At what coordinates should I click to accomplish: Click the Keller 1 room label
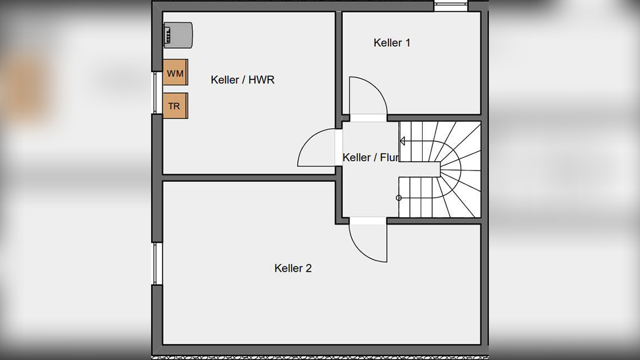[x=392, y=43]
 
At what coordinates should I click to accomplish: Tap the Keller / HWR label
[x=242, y=80]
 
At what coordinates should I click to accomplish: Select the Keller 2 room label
[x=293, y=268]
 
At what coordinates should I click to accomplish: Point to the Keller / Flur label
[x=371, y=158]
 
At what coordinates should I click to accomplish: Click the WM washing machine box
[x=175, y=73]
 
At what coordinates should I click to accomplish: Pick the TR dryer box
[x=175, y=106]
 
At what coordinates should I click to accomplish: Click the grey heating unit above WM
[x=178, y=34]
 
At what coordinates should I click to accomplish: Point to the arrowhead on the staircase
[x=402, y=142]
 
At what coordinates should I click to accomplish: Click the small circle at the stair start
[x=398, y=198]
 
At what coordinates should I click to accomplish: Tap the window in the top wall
[x=451, y=7]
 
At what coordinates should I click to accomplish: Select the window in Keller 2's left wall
[x=157, y=263]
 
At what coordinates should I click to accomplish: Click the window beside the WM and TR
[x=157, y=93]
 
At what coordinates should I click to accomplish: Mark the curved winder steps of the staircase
[x=461, y=169]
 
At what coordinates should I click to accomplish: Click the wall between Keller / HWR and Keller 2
[x=249, y=178]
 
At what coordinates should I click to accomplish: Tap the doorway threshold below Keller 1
[x=368, y=118]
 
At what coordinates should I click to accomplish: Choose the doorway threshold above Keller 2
[x=368, y=221]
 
